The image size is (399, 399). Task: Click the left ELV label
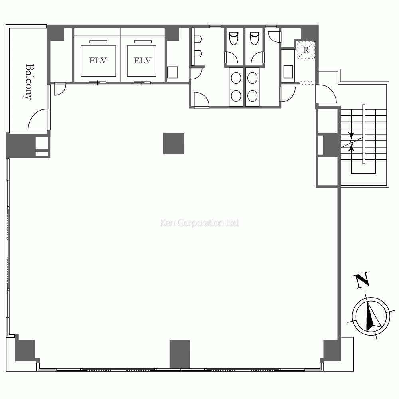[x=98, y=61]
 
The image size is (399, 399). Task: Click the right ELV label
[x=142, y=61]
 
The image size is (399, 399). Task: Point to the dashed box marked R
[x=306, y=50]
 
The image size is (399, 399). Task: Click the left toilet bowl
[x=233, y=38]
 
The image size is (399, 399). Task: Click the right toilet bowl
[x=254, y=38]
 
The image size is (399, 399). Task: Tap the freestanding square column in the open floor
[x=174, y=143]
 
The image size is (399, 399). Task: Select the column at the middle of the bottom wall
[x=180, y=354]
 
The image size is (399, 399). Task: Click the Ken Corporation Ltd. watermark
[x=199, y=223]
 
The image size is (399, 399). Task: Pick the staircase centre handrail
[x=364, y=134]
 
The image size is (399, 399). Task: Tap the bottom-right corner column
[x=332, y=351]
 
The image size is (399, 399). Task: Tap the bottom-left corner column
[x=26, y=350]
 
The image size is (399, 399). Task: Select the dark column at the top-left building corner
[x=55, y=33]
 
